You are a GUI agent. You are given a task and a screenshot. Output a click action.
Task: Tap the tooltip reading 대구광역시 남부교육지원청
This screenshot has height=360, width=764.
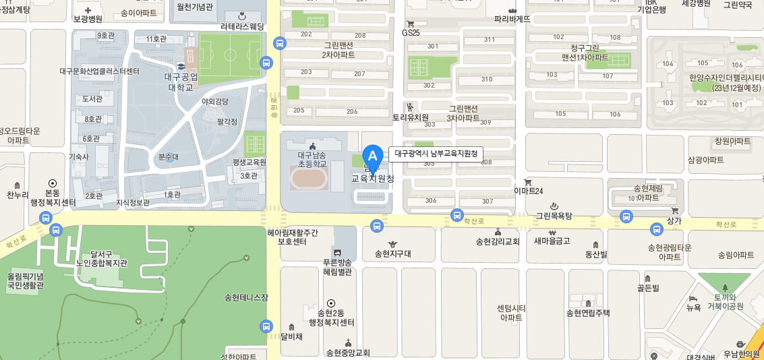436,154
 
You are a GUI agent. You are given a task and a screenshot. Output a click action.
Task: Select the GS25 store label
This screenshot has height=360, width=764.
411,32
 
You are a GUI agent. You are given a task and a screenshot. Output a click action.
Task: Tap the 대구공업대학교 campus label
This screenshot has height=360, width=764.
181,82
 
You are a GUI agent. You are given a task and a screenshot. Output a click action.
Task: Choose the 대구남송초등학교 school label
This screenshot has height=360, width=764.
312,159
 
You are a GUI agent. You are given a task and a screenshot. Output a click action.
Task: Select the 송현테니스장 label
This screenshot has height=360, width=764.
246,297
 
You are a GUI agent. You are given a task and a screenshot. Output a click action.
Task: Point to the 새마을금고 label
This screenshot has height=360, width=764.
552,241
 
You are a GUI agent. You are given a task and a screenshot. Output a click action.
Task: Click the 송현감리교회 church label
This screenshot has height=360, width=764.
498,241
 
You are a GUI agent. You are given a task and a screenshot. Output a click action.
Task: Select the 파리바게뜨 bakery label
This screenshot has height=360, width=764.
512,19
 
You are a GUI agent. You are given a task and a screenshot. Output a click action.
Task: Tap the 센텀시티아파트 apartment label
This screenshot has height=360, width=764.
510,312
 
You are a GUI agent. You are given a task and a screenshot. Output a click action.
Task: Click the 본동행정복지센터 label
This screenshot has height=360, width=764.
53,196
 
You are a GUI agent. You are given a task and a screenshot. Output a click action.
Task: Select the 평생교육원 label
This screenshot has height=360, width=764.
249,162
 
